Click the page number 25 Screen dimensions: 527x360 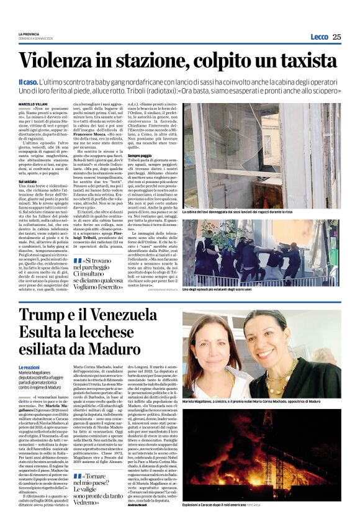[336, 37]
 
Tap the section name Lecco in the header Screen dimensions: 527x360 [319, 37]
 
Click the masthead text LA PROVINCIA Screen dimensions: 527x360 [29, 34]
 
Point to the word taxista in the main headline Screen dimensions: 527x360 [305, 61]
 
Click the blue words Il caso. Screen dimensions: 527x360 [27, 82]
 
